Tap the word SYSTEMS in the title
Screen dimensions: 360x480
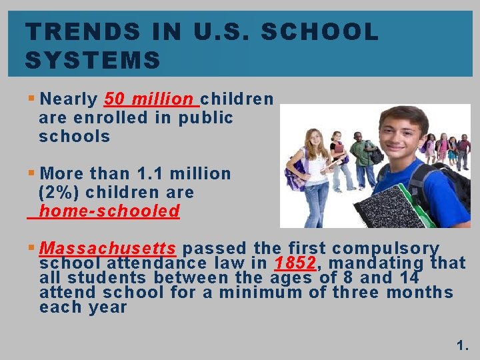[x=93, y=61]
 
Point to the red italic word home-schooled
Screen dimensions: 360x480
[x=109, y=211]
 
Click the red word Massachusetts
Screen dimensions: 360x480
[x=107, y=249]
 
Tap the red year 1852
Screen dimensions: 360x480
[x=295, y=263]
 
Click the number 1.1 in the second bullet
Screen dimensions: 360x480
[x=149, y=174]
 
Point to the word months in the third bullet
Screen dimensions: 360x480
[x=421, y=293]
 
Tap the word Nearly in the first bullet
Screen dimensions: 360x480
[x=69, y=99]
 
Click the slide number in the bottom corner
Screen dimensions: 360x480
[x=463, y=345]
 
